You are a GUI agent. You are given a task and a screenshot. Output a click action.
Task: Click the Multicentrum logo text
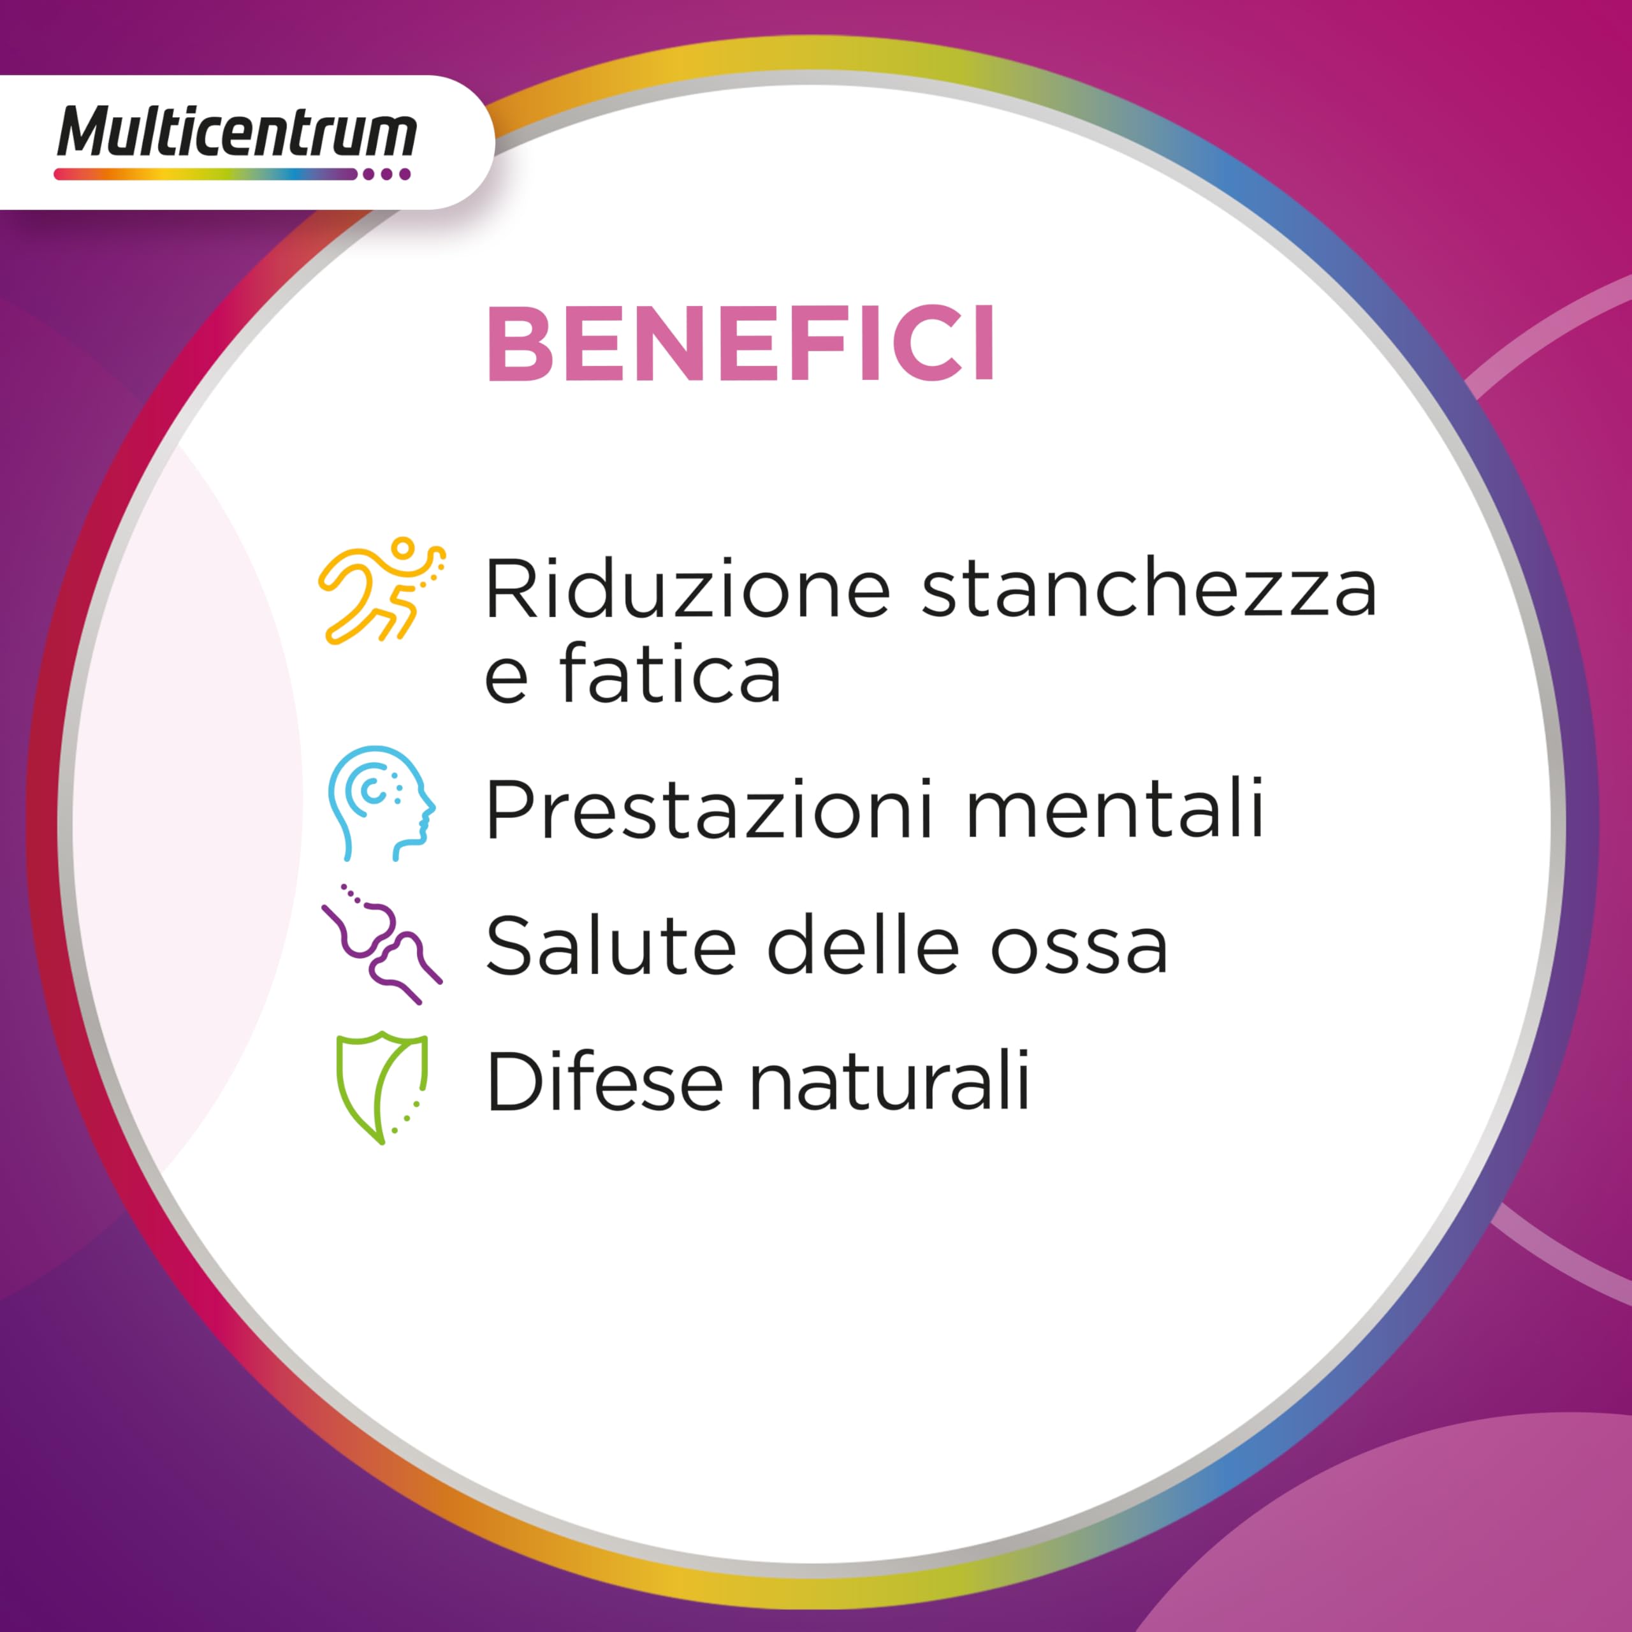237,133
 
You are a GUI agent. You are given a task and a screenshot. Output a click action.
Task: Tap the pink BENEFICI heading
741,345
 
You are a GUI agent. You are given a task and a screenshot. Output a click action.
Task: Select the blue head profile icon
381,803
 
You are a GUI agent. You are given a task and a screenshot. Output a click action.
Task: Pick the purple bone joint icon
382,943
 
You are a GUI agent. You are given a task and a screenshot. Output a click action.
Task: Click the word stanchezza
1149,589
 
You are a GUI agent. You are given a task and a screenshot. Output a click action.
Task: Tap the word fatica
670,675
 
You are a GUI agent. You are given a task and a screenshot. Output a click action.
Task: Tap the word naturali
889,1081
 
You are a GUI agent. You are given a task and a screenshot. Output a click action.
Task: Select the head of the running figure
404,548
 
